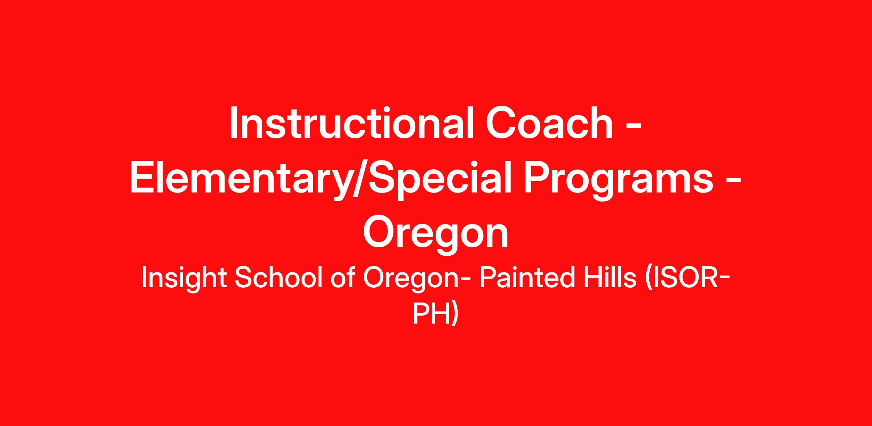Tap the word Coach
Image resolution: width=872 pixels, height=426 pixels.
550,123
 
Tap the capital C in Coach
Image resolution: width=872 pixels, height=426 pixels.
502,123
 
